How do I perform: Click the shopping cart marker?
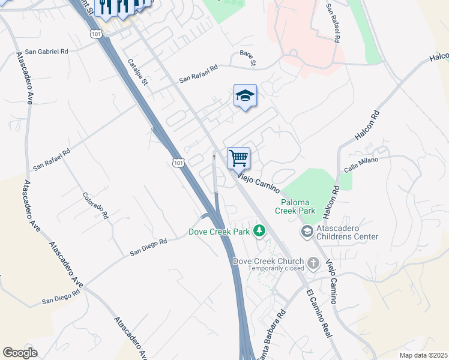[238, 159]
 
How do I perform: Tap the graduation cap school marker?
[245, 96]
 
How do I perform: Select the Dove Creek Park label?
[220, 231]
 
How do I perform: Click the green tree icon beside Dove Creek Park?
[259, 230]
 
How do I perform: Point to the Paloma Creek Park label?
[295, 206]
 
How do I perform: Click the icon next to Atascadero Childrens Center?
[307, 232]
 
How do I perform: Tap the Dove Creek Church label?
[269, 261]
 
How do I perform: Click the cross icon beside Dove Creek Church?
[313, 262]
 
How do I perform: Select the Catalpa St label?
[137, 71]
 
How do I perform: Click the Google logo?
[20, 352]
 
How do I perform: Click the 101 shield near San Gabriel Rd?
[97, 34]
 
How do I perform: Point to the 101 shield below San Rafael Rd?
[177, 163]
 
